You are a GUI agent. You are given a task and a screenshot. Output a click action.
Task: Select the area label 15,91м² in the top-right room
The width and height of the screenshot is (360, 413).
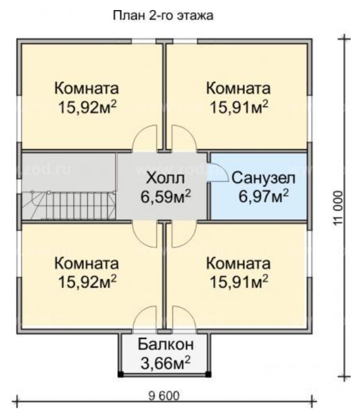[x=239, y=107]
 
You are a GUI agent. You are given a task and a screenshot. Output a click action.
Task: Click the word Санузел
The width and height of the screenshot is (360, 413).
[x=258, y=178]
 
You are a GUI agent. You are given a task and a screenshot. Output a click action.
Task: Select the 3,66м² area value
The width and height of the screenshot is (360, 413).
[x=166, y=362]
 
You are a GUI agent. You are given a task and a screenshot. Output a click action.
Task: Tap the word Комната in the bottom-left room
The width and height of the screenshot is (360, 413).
[x=86, y=263]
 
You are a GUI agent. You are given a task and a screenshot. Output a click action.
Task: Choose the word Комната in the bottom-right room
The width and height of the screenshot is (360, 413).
[x=239, y=263]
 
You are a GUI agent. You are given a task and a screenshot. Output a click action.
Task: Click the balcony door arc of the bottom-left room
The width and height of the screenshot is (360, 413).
[x=145, y=319]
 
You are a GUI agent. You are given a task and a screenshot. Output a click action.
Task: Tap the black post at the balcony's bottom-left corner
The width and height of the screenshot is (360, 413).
[x=121, y=375]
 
